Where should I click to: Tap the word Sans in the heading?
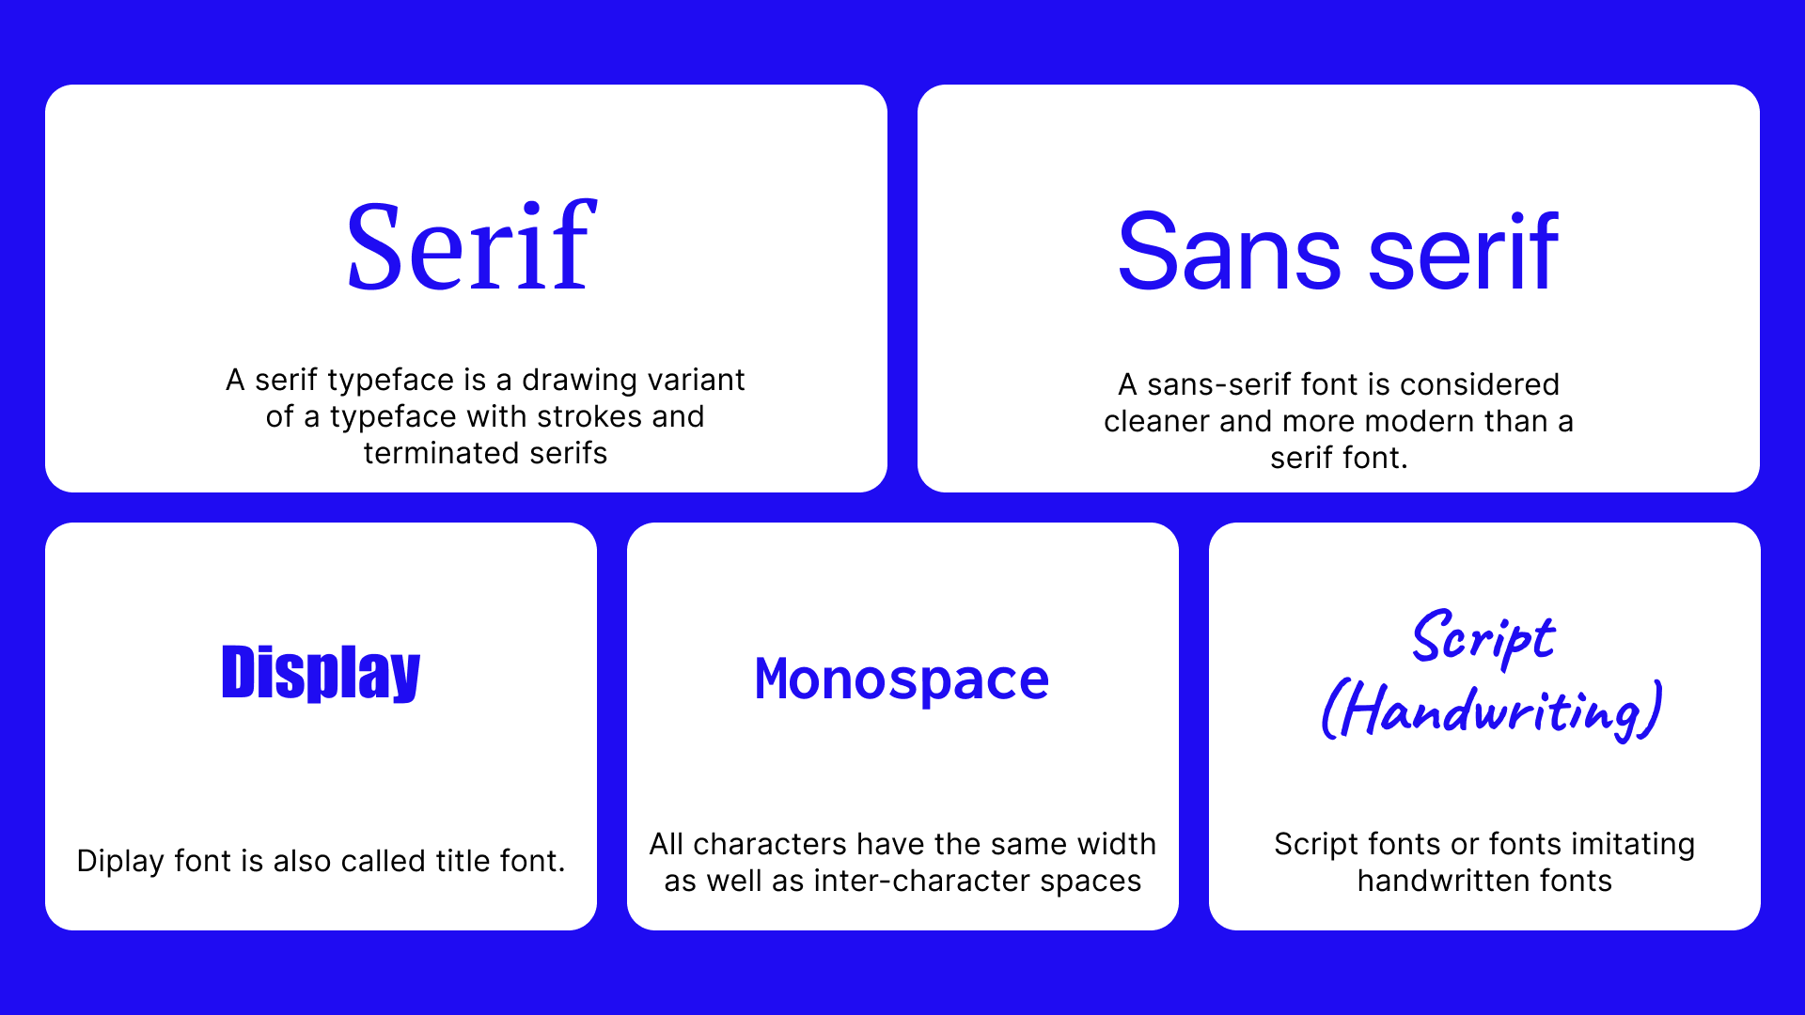coord(1229,252)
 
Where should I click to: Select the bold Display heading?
coord(321,673)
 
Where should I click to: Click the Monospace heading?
coord(902,679)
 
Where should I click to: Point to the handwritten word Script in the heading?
coord(1483,639)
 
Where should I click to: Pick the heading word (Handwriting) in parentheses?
coord(1492,711)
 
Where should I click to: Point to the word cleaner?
coord(1157,421)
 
